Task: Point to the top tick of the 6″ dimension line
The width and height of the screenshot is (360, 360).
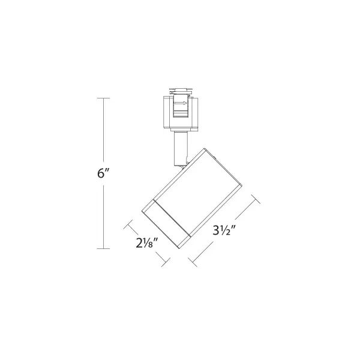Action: click(105, 97)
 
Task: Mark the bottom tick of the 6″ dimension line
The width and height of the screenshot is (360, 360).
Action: click(105, 248)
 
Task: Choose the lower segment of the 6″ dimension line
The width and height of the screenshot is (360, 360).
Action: click(105, 216)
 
